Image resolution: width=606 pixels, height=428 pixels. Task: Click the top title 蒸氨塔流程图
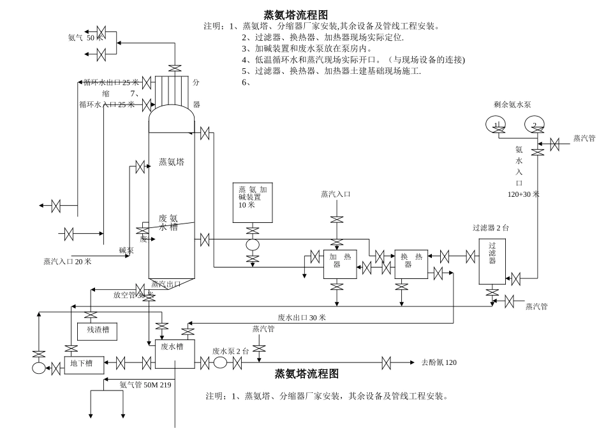point(295,14)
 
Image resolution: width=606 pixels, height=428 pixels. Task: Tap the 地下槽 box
point(80,364)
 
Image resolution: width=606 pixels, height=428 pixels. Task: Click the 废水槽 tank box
point(174,353)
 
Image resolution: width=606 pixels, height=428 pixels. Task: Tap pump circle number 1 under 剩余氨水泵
point(497,124)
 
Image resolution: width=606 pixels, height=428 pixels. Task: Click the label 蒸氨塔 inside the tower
point(172,162)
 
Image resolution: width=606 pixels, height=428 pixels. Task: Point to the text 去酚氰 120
point(439,363)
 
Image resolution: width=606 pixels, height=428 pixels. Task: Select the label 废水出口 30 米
point(302,317)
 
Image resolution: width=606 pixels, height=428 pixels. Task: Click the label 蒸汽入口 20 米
point(67,261)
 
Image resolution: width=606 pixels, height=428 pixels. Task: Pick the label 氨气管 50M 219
point(145,384)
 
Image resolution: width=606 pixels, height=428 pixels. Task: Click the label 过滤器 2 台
point(491,227)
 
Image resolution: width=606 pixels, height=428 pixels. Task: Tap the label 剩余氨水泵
point(517,103)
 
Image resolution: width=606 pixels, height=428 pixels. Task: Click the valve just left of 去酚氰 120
point(387,364)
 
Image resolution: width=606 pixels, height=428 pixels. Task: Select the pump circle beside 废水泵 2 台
point(221,363)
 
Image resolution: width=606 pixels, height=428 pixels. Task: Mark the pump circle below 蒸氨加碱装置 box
point(253,245)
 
